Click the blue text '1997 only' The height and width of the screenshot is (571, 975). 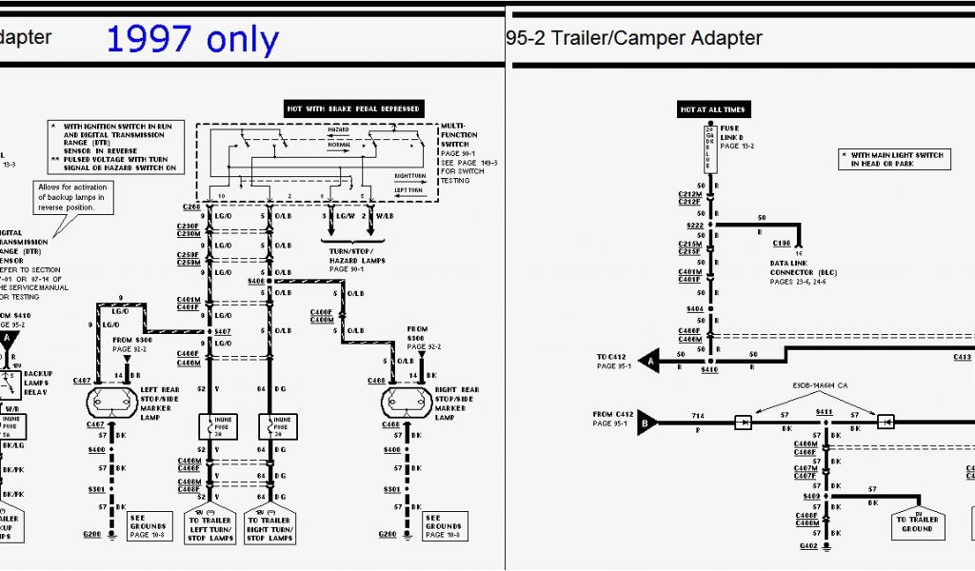(x=192, y=40)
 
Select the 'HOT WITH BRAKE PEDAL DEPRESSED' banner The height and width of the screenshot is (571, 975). (x=353, y=108)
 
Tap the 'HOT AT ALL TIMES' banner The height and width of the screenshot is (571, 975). (x=712, y=109)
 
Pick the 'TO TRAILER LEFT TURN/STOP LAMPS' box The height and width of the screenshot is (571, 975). (x=210, y=526)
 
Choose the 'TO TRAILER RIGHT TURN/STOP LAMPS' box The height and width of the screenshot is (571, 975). (x=269, y=526)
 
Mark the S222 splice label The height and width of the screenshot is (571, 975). (x=694, y=226)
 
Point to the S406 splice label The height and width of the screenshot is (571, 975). (x=255, y=281)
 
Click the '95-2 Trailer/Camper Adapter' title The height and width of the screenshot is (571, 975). (x=635, y=39)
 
